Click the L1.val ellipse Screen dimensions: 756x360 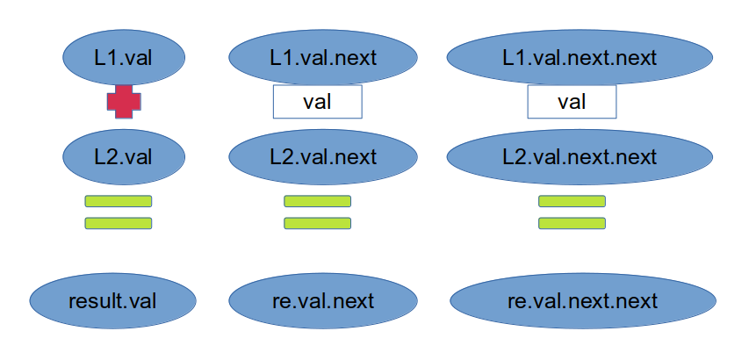[124, 57]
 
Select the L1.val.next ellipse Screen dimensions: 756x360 [323, 57]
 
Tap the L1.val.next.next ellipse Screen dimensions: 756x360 [580, 57]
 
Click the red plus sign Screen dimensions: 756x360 [124, 102]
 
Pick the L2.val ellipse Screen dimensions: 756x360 [124, 156]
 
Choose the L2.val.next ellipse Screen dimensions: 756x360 [323, 156]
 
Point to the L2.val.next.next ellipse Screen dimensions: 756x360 [580, 156]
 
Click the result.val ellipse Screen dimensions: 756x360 [112, 300]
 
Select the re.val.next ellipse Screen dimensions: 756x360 [323, 300]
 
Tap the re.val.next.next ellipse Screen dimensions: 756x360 [583, 300]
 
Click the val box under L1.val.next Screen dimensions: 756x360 [317, 102]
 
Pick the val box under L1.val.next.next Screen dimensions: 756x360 [572, 102]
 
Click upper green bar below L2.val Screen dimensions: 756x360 [119, 201]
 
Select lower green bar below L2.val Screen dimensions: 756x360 [119, 223]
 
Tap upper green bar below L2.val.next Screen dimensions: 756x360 [317, 201]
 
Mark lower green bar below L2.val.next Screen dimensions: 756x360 [317, 223]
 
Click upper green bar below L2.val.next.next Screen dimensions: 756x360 [572, 201]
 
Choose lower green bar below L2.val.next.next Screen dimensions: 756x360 [572, 223]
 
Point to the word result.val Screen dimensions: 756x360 [112, 300]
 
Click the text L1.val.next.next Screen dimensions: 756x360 [580, 58]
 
